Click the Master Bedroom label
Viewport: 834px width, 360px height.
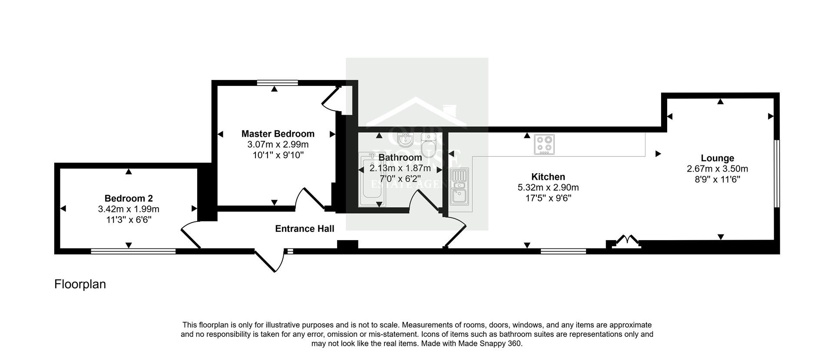[x=278, y=134]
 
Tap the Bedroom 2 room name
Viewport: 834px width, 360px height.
[x=129, y=198]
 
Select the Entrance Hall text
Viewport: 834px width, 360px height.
[x=304, y=229]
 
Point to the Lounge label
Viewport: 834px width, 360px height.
[x=717, y=159]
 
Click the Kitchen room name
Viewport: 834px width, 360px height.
[x=548, y=177]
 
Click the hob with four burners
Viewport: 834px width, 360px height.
[x=544, y=145]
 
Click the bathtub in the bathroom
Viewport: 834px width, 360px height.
[x=371, y=180]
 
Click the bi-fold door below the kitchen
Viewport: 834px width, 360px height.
[x=625, y=241]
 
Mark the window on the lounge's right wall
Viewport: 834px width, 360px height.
[x=777, y=174]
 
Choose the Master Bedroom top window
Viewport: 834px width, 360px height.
[x=277, y=83]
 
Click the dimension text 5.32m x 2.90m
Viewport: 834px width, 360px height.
[x=548, y=188]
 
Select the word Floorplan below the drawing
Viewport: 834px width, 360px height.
[x=80, y=284]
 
